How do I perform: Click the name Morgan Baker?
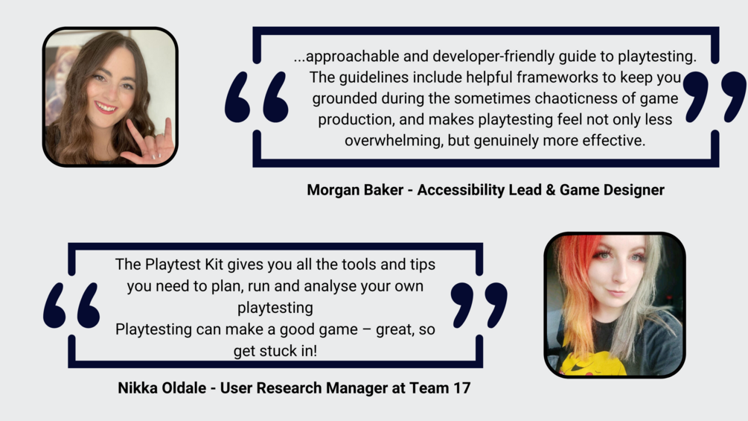tap(355, 190)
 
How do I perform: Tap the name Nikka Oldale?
tap(162, 387)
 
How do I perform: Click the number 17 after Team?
tap(461, 387)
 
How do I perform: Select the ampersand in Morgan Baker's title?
tap(551, 190)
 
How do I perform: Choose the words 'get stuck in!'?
tap(275, 351)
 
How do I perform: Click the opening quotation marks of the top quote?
tap(257, 97)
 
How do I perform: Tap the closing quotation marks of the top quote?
tap(715, 97)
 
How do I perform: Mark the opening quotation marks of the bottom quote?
tap(71, 306)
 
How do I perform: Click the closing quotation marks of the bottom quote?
tap(479, 306)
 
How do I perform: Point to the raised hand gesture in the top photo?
tap(149, 144)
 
